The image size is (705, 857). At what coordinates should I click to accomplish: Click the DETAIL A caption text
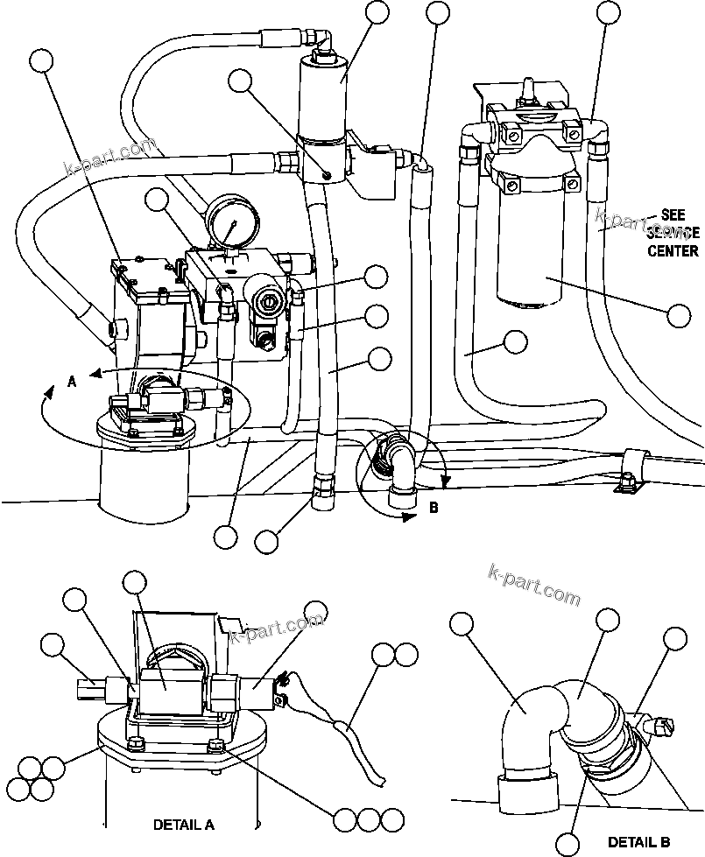(183, 825)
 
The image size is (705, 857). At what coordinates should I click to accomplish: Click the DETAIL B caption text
(638, 842)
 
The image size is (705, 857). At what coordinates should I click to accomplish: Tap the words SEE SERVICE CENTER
(673, 232)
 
